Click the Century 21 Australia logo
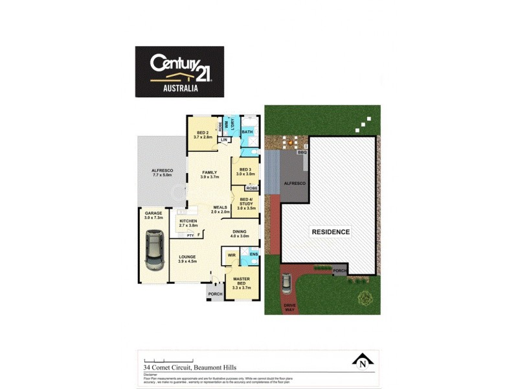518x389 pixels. click(179, 71)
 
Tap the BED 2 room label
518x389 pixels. click(203, 134)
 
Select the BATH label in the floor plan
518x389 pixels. click(247, 132)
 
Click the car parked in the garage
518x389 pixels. click(155, 252)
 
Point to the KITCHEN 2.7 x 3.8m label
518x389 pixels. click(188, 224)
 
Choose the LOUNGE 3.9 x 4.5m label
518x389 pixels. click(187, 259)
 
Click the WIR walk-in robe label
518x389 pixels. click(231, 255)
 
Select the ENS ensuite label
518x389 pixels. click(253, 253)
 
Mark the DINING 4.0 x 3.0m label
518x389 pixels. click(240, 234)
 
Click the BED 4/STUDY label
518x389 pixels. click(247, 204)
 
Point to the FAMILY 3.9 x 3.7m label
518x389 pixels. click(209, 174)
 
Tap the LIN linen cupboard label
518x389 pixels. click(224, 140)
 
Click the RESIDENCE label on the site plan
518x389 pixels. click(331, 231)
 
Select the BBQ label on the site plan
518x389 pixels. click(302, 152)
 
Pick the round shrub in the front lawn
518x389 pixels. click(365, 298)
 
